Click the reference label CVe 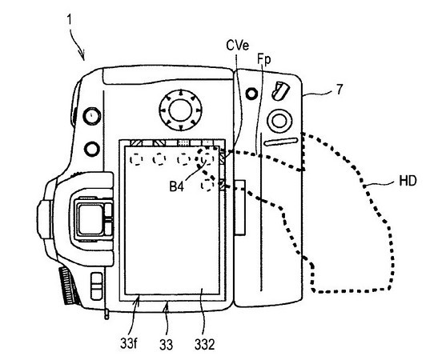click(x=238, y=46)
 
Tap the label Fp click(x=264, y=60)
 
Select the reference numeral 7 click(x=340, y=90)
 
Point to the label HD click(x=408, y=181)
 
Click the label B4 click(x=176, y=186)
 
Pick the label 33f click(x=129, y=343)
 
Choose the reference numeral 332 click(x=204, y=344)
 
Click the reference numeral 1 click(x=70, y=19)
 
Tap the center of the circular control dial click(x=180, y=110)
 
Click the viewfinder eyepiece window click(x=90, y=219)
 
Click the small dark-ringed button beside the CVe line click(x=251, y=94)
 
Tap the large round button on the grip click(x=279, y=121)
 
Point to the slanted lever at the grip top click(x=280, y=90)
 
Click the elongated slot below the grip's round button click(x=281, y=142)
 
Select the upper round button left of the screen click(x=92, y=115)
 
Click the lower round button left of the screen click(x=92, y=149)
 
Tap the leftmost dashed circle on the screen click(x=137, y=160)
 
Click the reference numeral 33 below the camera click(x=166, y=344)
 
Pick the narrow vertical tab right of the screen click(x=240, y=208)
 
